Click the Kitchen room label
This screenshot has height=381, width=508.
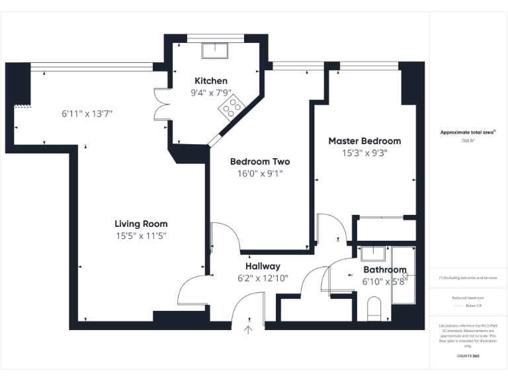(210, 81)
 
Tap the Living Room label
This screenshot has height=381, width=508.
(141, 224)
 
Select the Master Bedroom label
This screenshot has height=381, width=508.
(364, 141)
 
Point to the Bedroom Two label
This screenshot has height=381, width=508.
(259, 161)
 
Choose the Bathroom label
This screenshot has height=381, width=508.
(384, 270)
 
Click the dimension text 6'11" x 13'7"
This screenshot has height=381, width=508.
(87, 113)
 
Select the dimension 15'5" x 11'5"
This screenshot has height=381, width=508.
(141, 235)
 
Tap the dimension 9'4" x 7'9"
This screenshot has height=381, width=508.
(210, 93)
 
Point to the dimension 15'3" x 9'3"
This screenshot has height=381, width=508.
(364, 153)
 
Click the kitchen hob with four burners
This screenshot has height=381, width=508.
(232, 106)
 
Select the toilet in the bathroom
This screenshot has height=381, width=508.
(374, 308)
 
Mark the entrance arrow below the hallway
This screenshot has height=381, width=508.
(249, 327)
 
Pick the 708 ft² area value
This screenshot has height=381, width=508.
(468, 141)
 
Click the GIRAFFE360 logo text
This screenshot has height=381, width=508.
(468, 356)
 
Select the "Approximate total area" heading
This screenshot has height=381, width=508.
(468, 132)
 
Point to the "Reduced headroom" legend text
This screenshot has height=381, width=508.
(468, 298)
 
